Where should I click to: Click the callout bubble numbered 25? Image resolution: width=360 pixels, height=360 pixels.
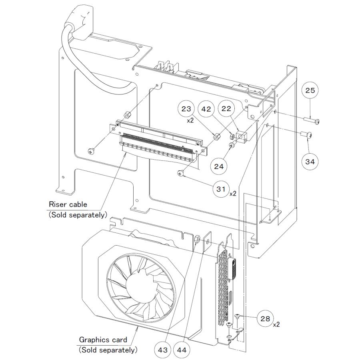pos(310,91)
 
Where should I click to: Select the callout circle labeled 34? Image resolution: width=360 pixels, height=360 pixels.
pos(310,162)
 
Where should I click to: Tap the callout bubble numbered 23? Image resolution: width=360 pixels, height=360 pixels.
pos(187,108)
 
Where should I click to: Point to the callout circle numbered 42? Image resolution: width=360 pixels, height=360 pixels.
pos(206,108)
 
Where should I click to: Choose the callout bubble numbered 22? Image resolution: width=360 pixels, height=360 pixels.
pos(226,108)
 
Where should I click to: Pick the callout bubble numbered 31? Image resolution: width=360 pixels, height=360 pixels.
pos(221,189)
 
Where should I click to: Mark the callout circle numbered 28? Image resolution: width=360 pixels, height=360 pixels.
pos(265,318)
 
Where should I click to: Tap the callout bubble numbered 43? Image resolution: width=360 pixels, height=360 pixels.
pos(163,349)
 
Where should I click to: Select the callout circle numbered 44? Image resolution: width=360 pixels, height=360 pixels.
pos(182,349)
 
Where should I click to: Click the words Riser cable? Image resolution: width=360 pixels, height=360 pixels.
pos(68,204)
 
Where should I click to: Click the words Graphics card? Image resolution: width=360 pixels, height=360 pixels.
pos(103,340)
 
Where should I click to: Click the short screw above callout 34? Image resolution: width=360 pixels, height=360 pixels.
pos(307,135)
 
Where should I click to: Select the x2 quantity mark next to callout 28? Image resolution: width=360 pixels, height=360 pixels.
pos(277,324)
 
